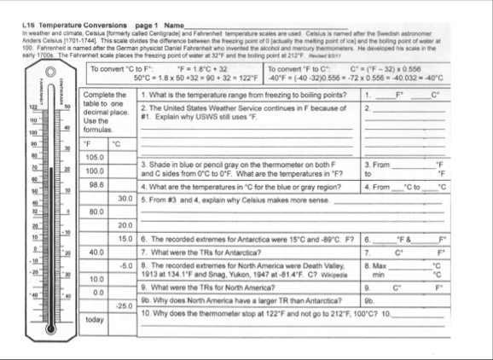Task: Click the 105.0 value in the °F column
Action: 95,157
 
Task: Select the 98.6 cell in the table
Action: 95,183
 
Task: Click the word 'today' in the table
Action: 94,320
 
